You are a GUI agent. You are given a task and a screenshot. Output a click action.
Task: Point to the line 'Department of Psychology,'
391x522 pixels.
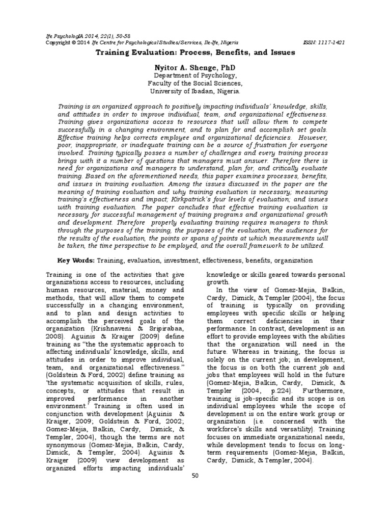[x=195, y=75]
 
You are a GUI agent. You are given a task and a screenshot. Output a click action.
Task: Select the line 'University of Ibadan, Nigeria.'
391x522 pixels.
[x=195, y=92]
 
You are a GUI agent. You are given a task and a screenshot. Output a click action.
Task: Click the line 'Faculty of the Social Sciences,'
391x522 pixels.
[x=195, y=84]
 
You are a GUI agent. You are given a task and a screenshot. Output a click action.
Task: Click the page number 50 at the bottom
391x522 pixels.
[x=195, y=475]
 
